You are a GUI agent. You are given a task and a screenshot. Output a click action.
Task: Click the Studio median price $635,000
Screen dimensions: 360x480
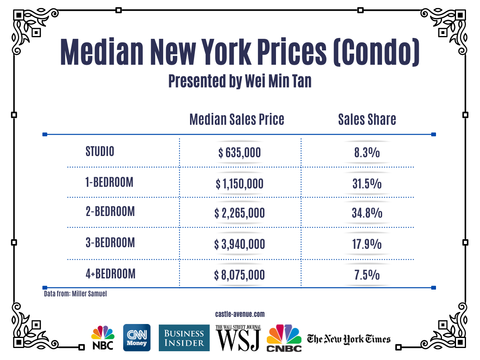click(x=240, y=153)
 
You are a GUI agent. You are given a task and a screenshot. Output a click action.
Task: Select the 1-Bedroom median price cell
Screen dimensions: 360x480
click(x=240, y=184)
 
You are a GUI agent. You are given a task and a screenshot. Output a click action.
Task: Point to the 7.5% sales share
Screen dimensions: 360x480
click(x=367, y=275)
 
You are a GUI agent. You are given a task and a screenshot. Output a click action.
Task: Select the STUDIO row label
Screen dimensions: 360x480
click(x=100, y=152)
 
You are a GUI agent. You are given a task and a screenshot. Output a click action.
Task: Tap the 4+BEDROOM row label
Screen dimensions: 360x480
click(x=110, y=274)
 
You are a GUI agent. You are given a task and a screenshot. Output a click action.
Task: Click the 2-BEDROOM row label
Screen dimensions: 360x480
click(x=110, y=212)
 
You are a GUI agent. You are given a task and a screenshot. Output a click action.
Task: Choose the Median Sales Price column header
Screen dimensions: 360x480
click(x=237, y=119)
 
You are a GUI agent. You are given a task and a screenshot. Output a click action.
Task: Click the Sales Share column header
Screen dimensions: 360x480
click(x=367, y=119)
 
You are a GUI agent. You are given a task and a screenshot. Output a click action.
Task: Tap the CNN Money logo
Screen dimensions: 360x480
click(x=137, y=338)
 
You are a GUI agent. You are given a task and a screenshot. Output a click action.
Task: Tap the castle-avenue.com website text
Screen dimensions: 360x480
click(x=240, y=314)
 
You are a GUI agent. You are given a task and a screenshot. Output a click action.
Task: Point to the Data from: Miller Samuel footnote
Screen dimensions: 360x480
click(x=75, y=294)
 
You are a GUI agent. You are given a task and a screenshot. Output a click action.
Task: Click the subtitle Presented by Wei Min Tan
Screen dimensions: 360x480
click(x=240, y=81)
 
